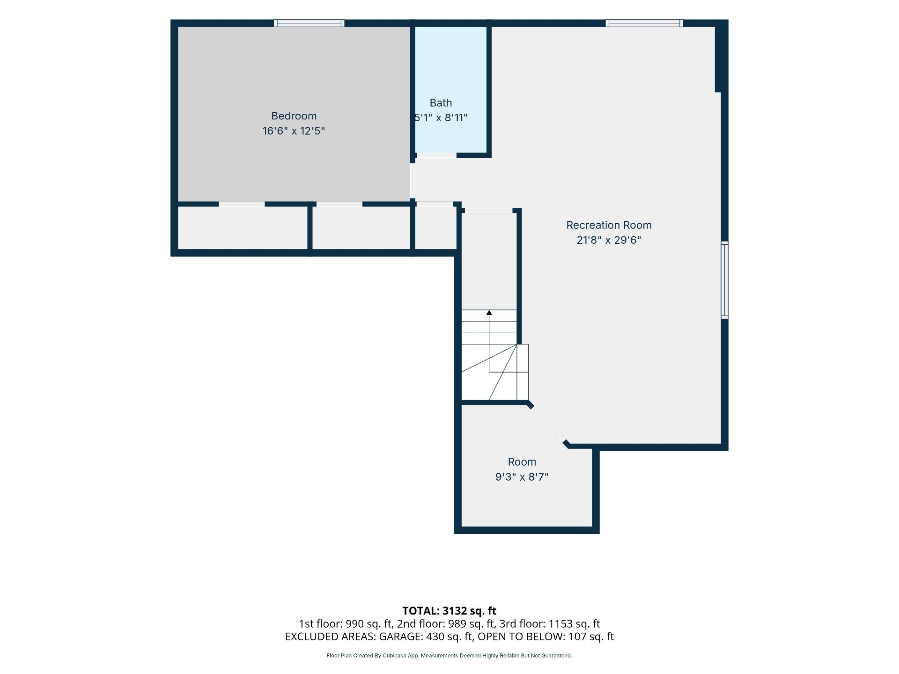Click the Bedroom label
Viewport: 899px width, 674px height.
point(294,116)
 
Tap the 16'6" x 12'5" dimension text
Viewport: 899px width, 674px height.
point(294,131)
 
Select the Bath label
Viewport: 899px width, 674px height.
point(441,103)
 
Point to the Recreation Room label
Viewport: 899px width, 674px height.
point(609,225)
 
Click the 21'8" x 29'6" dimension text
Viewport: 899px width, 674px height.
point(609,240)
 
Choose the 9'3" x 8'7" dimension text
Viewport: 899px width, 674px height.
point(522,477)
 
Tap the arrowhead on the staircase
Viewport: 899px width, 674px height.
point(489,312)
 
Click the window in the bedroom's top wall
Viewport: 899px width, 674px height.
point(309,23)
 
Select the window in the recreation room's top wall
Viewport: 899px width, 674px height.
point(644,23)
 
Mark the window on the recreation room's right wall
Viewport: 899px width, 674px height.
point(724,280)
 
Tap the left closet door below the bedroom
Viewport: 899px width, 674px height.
point(242,204)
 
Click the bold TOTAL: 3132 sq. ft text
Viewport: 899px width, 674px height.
point(449,611)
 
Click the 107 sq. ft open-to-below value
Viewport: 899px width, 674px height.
point(591,637)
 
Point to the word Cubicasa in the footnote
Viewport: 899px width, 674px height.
point(394,656)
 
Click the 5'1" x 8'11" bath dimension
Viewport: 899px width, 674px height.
point(441,117)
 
